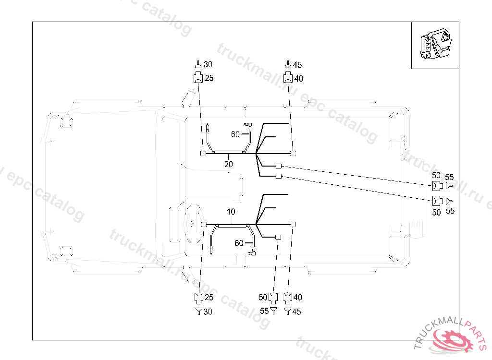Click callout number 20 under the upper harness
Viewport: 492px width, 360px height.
click(x=229, y=164)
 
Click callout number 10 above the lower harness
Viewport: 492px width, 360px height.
click(x=231, y=212)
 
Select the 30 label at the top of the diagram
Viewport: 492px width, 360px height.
click(x=208, y=64)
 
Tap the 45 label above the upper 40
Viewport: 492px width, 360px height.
click(x=297, y=65)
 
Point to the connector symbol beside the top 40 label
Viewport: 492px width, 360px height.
click(x=288, y=78)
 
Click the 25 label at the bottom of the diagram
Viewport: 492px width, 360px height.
click(x=209, y=298)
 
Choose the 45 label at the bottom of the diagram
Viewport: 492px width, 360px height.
click(x=296, y=312)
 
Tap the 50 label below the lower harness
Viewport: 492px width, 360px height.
click(x=263, y=298)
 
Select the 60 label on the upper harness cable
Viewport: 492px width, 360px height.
click(x=235, y=134)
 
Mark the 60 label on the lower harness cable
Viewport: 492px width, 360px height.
click(x=239, y=243)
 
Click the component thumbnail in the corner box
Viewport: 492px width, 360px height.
click(x=435, y=45)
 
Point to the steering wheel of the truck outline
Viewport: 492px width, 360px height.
click(x=192, y=224)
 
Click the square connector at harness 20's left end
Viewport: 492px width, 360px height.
click(x=203, y=154)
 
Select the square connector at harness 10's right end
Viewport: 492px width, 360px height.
click(x=293, y=225)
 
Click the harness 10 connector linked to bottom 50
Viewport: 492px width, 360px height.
click(x=278, y=237)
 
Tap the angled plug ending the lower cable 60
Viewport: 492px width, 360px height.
click(x=253, y=252)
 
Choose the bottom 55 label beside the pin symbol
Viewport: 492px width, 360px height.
click(x=264, y=311)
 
